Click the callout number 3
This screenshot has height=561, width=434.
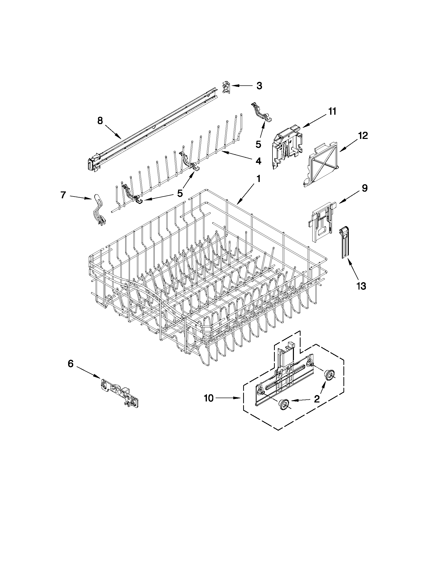click(259, 86)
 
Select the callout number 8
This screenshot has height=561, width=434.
click(100, 121)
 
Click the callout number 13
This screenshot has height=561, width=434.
click(361, 286)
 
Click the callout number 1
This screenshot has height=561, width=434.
click(258, 179)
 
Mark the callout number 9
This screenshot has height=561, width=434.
click(365, 188)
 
